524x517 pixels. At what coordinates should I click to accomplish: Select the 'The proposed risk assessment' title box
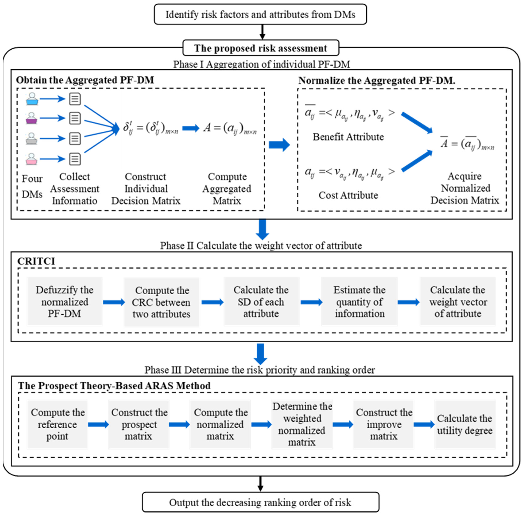(261, 48)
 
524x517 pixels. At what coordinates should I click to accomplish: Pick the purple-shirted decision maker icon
(32, 118)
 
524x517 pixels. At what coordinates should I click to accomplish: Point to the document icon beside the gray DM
(75, 139)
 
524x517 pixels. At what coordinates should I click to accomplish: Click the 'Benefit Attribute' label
(348, 137)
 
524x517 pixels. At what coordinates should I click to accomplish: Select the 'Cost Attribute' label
(348, 195)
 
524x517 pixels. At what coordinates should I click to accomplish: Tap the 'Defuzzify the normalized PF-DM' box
(65, 301)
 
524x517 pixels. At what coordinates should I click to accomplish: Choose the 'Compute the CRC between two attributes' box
(162, 302)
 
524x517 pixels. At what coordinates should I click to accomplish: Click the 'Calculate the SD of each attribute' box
(261, 301)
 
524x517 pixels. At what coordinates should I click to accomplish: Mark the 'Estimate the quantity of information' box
(360, 301)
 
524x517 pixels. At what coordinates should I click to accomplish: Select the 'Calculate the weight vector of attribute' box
(458, 301)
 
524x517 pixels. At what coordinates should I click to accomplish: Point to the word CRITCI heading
(36, 261)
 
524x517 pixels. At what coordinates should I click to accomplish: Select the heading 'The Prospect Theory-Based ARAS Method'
(114, 386)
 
